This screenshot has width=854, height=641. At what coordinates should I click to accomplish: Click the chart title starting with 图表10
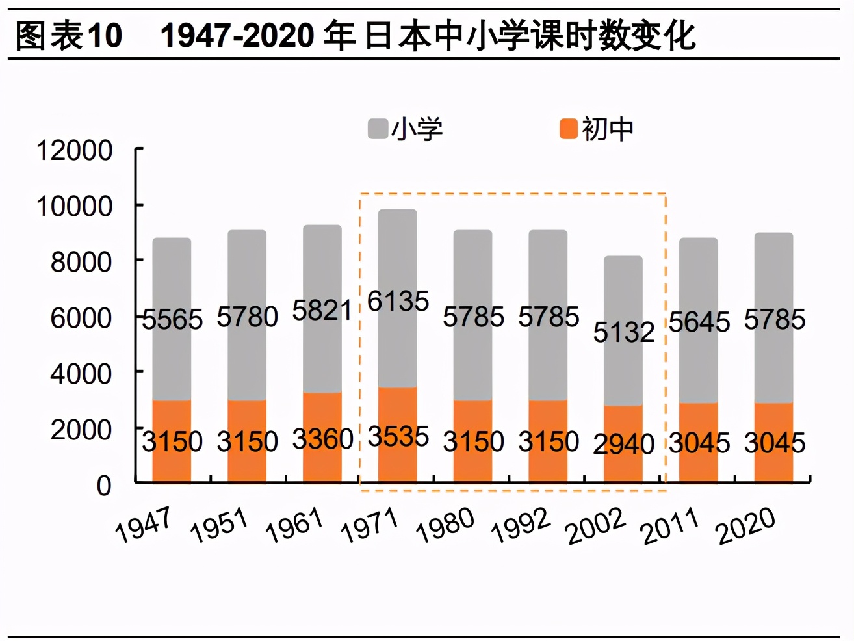355,35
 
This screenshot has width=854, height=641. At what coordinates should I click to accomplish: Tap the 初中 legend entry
597,129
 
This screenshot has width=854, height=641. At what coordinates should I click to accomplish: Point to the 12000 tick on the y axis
75,150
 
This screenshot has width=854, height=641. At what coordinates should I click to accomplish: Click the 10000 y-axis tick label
75,206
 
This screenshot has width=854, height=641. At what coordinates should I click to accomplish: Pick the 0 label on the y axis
104,486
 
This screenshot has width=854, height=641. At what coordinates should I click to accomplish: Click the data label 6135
398,301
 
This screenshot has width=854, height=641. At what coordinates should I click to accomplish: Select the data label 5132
623,332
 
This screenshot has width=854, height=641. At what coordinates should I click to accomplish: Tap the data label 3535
398,436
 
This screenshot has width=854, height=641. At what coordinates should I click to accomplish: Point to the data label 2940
623,444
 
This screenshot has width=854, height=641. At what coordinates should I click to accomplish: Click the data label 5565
172,319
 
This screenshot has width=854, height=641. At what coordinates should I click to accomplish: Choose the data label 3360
322,439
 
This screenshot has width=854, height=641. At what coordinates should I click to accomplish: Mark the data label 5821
322,311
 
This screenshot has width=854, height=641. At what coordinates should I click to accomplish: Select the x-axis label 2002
595,527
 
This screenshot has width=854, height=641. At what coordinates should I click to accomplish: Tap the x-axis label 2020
745,525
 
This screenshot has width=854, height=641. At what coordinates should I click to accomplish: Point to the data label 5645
699,322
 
